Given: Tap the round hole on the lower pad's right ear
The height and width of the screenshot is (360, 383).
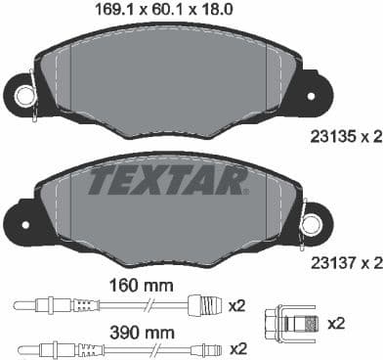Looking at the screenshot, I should tap(312, 225).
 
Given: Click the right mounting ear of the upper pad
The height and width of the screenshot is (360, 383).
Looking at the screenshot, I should tap(315, 93).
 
